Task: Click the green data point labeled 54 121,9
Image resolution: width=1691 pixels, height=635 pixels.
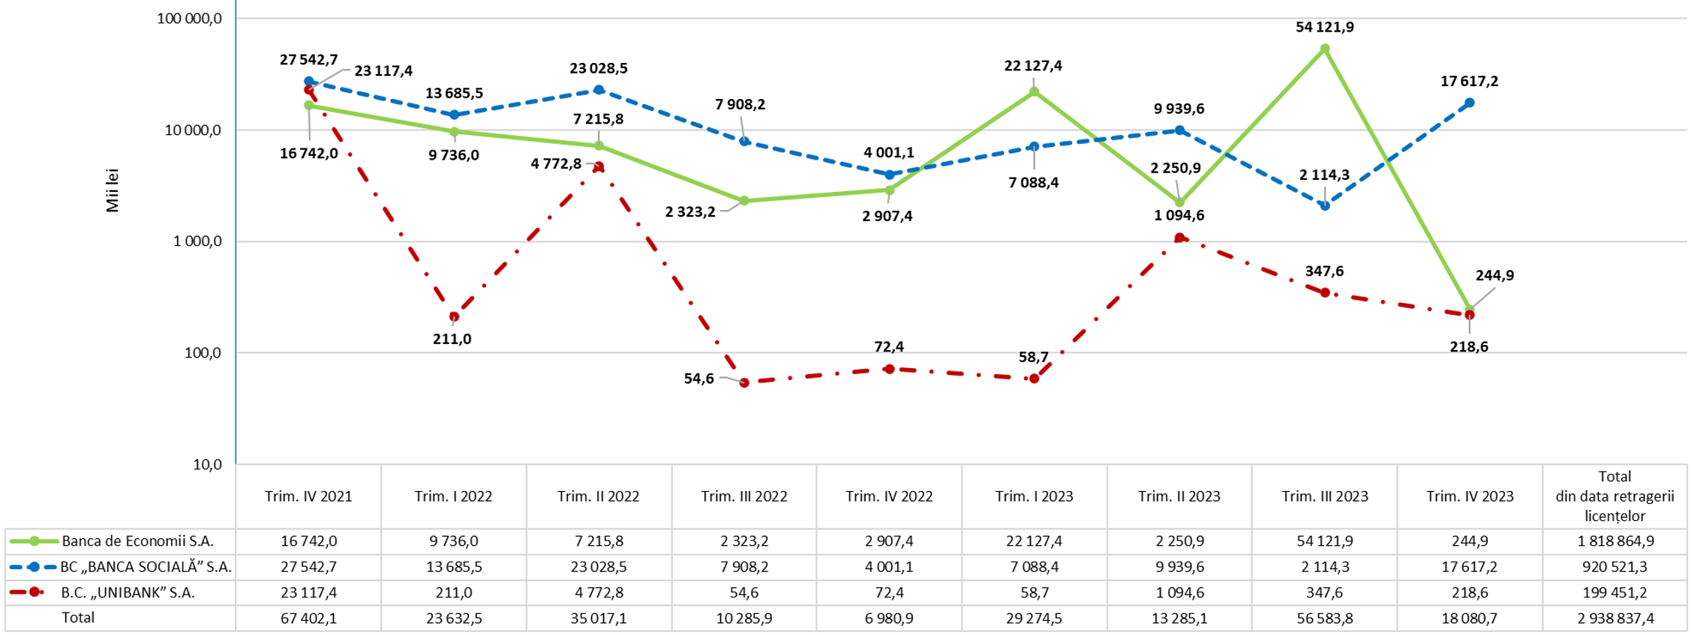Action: coord(1325,49)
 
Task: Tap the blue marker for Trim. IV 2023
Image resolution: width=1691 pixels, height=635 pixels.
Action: coord(1470,103)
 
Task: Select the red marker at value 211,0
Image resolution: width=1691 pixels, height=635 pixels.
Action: coord(454,317)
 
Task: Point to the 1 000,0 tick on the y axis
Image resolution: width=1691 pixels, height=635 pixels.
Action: coord(197,241)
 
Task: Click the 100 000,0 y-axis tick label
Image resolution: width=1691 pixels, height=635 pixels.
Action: coord(189,18)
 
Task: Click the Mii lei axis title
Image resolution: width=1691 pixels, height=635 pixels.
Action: coord(113,190)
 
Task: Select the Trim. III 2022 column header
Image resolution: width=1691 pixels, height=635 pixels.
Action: coord(744,496)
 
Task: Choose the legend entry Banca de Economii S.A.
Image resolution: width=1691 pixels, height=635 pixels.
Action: coord(137,541)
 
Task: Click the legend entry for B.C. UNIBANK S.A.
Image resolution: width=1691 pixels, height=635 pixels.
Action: coord(128,592)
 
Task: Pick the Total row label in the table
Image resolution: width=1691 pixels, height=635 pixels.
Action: coord(78,618)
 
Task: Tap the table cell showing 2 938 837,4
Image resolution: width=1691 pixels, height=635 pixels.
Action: coord(1614,619)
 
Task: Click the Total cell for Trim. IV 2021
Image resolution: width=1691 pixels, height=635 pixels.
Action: coord(308,619)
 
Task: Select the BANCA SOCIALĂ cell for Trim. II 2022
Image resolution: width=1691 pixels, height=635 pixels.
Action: coord(598,567)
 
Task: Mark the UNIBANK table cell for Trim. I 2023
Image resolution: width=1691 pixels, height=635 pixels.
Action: coord(1034,592)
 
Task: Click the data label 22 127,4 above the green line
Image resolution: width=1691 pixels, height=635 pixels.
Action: coord(1033,66)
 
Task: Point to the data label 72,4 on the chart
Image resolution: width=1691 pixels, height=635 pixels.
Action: coord(889,346)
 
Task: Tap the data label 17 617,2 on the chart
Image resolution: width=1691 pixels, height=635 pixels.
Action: coord(1469,81)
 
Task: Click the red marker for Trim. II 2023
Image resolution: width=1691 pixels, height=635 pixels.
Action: coord(1179,238)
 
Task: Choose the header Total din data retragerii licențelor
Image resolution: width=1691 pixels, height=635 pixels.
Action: coord(1614,496)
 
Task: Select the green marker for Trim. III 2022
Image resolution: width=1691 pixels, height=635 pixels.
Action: coord(744,201)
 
